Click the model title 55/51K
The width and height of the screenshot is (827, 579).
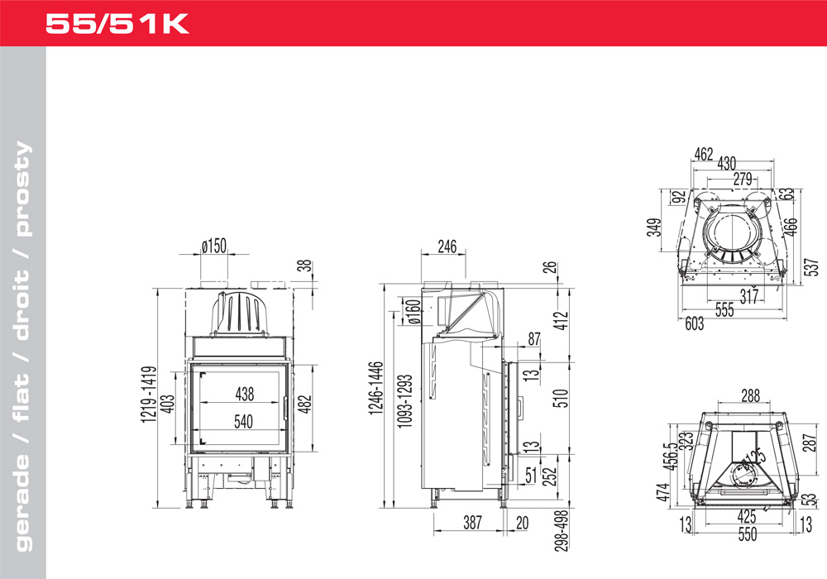coord(117,24)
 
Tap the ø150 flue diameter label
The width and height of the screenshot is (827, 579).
coord(213,245)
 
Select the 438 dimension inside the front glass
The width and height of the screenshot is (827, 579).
coord(244,394)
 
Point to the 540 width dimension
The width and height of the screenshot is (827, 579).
coord(243,421)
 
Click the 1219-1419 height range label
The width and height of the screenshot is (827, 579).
coord(149,394)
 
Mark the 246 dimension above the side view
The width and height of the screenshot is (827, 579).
coord(447,246)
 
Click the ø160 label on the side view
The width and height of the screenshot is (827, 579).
coord(413,312)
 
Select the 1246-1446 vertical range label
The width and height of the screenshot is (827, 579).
coord(375,388)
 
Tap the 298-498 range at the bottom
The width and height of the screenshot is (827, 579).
coord(562,530)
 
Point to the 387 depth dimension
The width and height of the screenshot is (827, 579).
coord(472,523)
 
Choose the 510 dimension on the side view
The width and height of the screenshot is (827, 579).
coord(561,398)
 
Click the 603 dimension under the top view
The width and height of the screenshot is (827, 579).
coord(694,323)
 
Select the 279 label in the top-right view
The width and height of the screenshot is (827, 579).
coord(743,179)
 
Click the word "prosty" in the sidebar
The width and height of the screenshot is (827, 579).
coord(22,189)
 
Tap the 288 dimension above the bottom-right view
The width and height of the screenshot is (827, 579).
coord(751,395)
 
